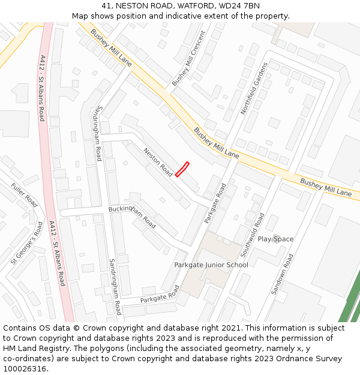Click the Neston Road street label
tap(158, 163)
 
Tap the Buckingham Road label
tap(132, 217)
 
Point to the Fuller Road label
tap(24, 195)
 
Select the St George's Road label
tap(27, 243)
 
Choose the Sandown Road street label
tap(282, 274)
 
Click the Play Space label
tap(275, 239)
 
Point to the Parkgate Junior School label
tap(211, 265)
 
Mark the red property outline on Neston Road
tap(182, 169)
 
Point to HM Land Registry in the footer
tap(35, 349)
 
